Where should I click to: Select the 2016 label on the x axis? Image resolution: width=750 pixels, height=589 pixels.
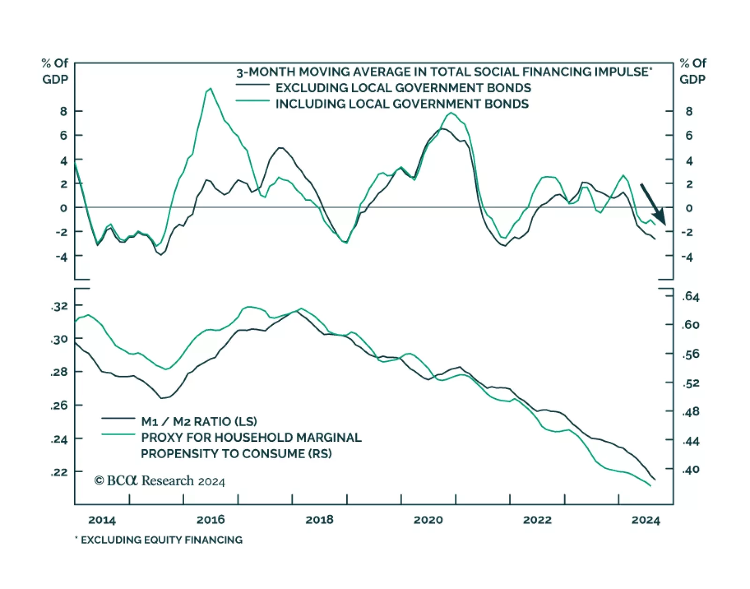coord(210,520)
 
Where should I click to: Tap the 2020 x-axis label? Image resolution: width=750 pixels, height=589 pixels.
coord(428,520)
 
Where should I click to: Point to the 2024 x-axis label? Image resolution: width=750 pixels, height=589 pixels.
coord(645,520)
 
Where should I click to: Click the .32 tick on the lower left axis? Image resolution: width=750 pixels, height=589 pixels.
coord(60,306)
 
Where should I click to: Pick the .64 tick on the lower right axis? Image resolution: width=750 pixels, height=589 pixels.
coord(690,296)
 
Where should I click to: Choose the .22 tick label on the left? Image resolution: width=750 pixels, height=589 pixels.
coord(60,472)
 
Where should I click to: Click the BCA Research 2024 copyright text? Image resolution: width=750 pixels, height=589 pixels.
coord(159,481)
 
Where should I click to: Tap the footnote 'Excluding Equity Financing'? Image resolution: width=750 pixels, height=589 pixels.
coord(161,540)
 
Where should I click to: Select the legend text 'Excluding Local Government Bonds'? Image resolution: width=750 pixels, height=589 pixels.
coord(403,88)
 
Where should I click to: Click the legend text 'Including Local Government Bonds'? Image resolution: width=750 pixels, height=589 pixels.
coord(402,104)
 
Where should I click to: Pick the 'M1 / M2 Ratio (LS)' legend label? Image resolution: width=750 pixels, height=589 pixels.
coord(199,421)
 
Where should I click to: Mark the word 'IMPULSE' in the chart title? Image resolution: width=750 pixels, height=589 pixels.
coord(620,72)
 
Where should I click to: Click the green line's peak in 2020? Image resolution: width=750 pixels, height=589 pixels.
coord(451,113)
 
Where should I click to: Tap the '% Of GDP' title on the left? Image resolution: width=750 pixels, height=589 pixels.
coord(55,71)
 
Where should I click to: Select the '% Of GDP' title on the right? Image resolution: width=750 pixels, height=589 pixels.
coord(693,71)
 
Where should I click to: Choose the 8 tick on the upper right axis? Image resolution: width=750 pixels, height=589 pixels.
coord(689,111)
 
